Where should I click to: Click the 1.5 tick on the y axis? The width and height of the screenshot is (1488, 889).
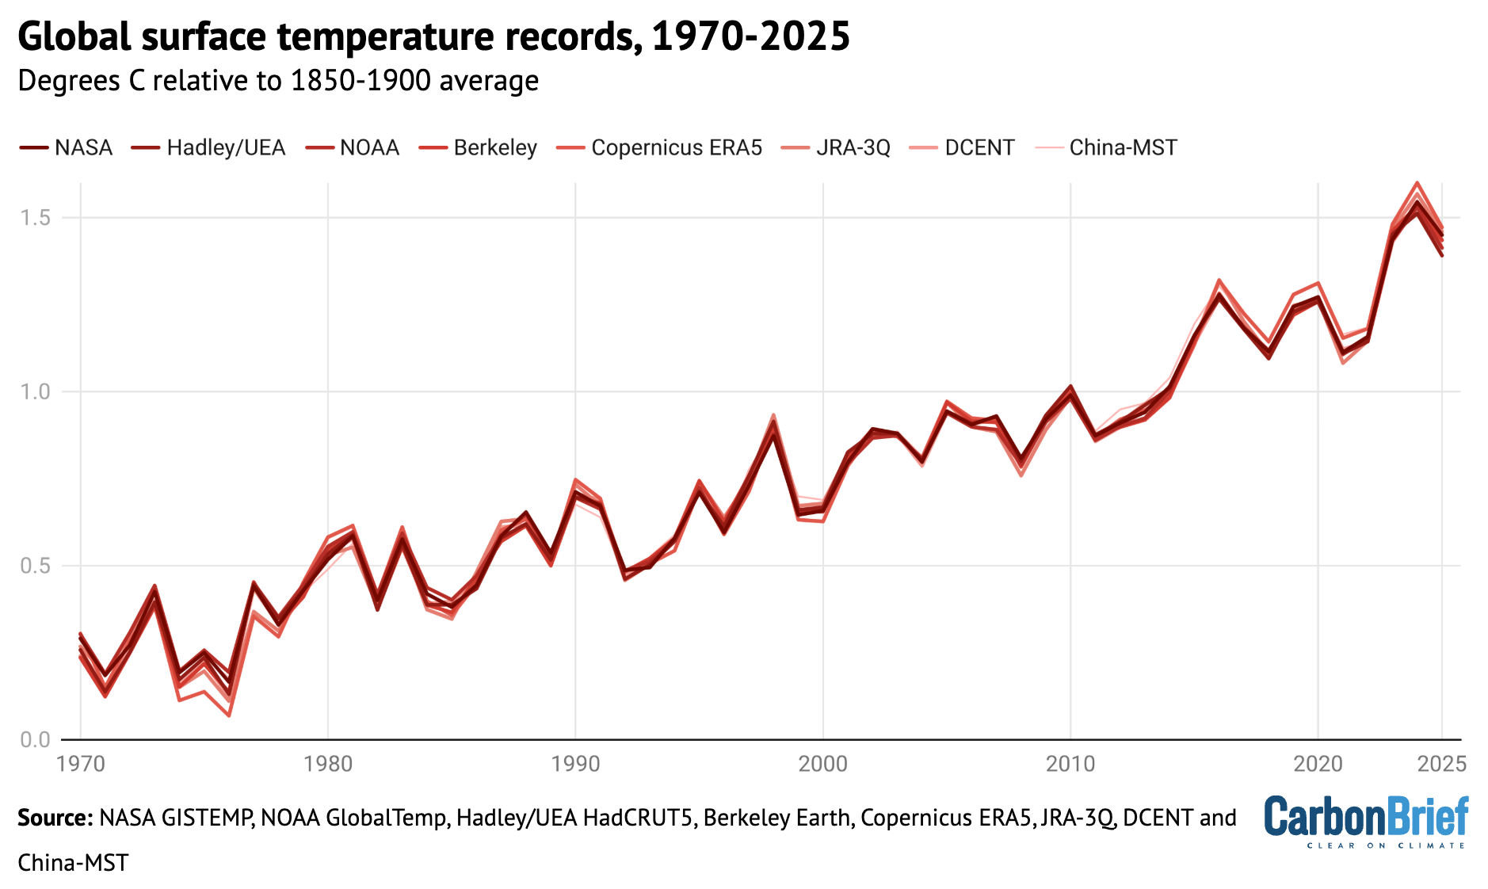(36, 218)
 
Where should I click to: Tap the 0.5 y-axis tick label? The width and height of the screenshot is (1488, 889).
(36, 566)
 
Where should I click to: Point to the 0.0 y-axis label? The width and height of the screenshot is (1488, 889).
(36, 739)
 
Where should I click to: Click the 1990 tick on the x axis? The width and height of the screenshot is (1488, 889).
(576, 764)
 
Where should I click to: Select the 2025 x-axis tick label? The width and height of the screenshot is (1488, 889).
(1441, 764)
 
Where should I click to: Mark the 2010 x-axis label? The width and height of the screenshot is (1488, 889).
(1070, 764)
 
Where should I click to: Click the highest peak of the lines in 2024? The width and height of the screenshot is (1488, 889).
(1417, 183)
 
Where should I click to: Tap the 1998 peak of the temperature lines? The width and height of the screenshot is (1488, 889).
(773, 416)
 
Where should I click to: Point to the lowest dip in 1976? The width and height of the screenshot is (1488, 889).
(229, 715)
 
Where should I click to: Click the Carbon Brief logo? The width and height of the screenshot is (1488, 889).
(1366, 821)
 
